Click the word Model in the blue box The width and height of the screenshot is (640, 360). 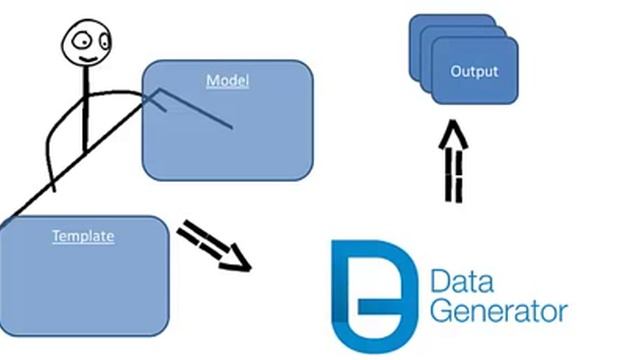[x=227, y=80]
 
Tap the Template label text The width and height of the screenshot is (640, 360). [x=83, y=237]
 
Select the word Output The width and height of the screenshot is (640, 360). [x=474, y=72]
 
